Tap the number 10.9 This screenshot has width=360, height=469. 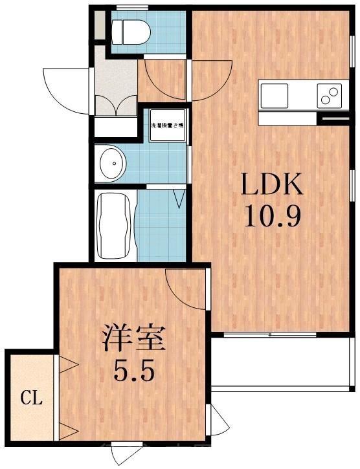[x=272, y=216]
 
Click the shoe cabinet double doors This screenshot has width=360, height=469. [x=116, y=107]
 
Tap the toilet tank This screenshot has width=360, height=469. [x=118, y=30]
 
